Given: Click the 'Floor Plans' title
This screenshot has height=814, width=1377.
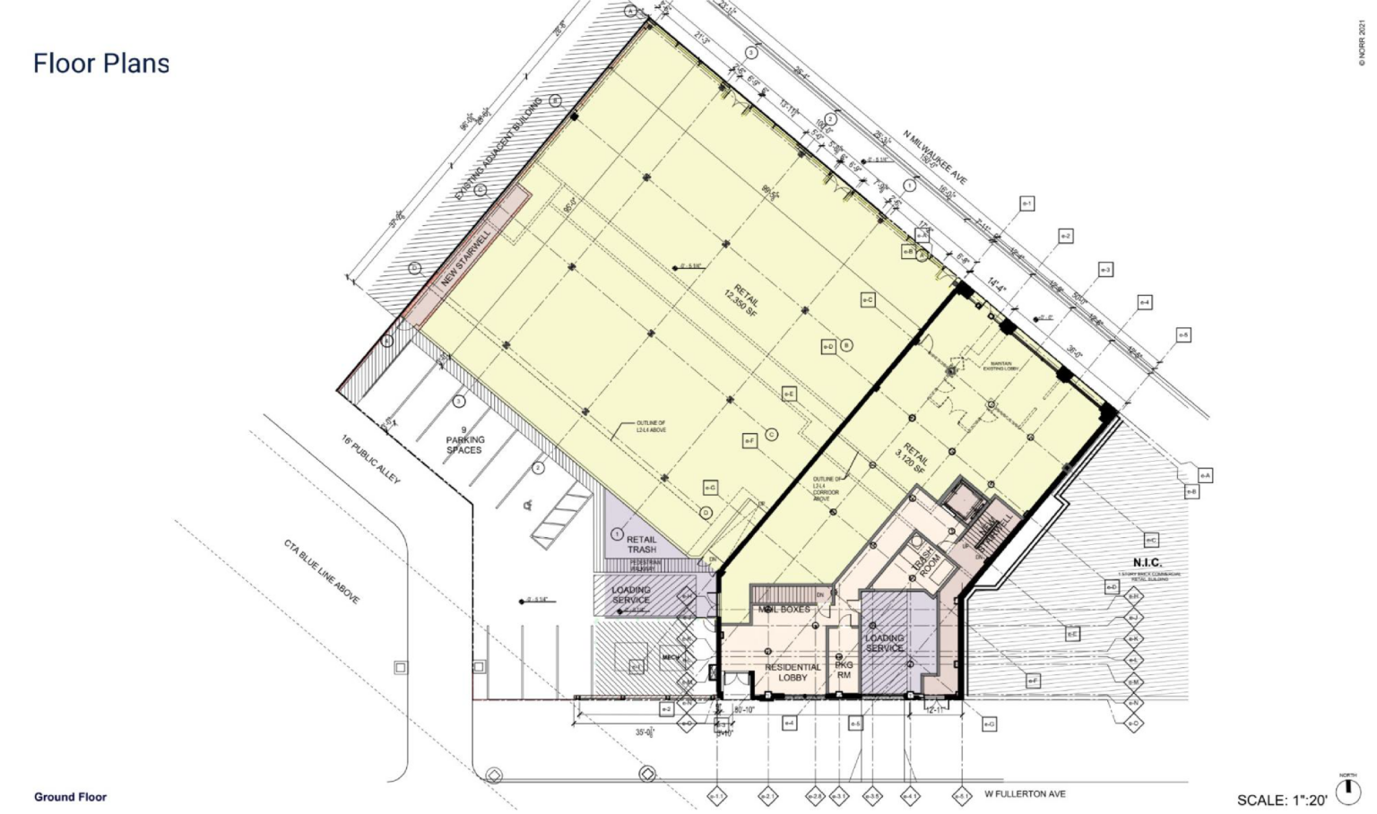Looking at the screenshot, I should pyautogui.click(x=101, y=64).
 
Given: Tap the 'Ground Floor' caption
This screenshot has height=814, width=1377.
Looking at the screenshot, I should pyautogui.click(x=70, y=796).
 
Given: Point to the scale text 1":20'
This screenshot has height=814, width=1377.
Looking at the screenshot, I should pyautogui.click(x=1282, y=800).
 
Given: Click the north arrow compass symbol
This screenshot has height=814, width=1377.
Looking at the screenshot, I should pyautogui.click(x=1347, y=791).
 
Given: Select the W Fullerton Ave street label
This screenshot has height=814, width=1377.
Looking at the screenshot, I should pyautogui.click(x=1025, y=793).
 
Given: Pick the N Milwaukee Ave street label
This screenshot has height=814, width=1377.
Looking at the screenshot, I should pyautogui.click(x=935, y=159).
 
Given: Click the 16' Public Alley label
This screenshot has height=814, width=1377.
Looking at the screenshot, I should pyautogui.click(x=370, y=460).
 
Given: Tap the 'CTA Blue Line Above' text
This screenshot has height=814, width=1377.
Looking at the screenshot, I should pyautogui.click(x=322, y=571).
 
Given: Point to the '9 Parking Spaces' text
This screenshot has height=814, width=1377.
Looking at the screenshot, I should pyautogui.click(x=464, y=440).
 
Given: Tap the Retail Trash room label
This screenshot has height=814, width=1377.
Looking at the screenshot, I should pyautogui.click(x=642, y=544).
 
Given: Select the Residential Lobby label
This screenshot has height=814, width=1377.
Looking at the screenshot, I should pyautogui.click(x=792, y=672).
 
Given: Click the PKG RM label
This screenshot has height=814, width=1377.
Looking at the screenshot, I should pyautogui.click(x=844, y=670).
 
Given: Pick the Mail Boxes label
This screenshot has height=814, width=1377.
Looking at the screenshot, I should pyautogui.click(x=784, y=610).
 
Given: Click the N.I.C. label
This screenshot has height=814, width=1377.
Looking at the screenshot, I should pyautogui.click(x=1147, y=562).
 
